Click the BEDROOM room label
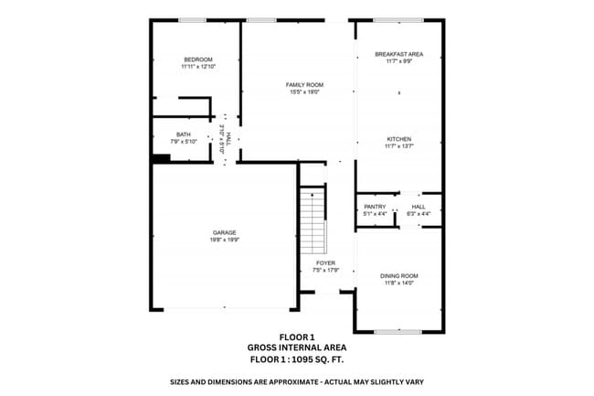point(196,59)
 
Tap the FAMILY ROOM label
point(305,84)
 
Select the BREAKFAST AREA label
point(398,54)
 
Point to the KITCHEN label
point(398,139)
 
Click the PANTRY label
point(375,207)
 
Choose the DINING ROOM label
point(398,275)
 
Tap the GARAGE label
point(225,232)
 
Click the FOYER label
point(326,263)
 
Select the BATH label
point(184,134)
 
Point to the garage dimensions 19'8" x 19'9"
point(225,241)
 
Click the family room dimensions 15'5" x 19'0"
point(305,91)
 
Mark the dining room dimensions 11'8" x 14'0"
point(398,283)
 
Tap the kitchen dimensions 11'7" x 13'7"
point(398,146)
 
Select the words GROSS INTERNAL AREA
point(296,348)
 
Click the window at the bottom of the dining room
point(398,330)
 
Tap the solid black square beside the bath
point(162,158)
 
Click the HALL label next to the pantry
point(419,207)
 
